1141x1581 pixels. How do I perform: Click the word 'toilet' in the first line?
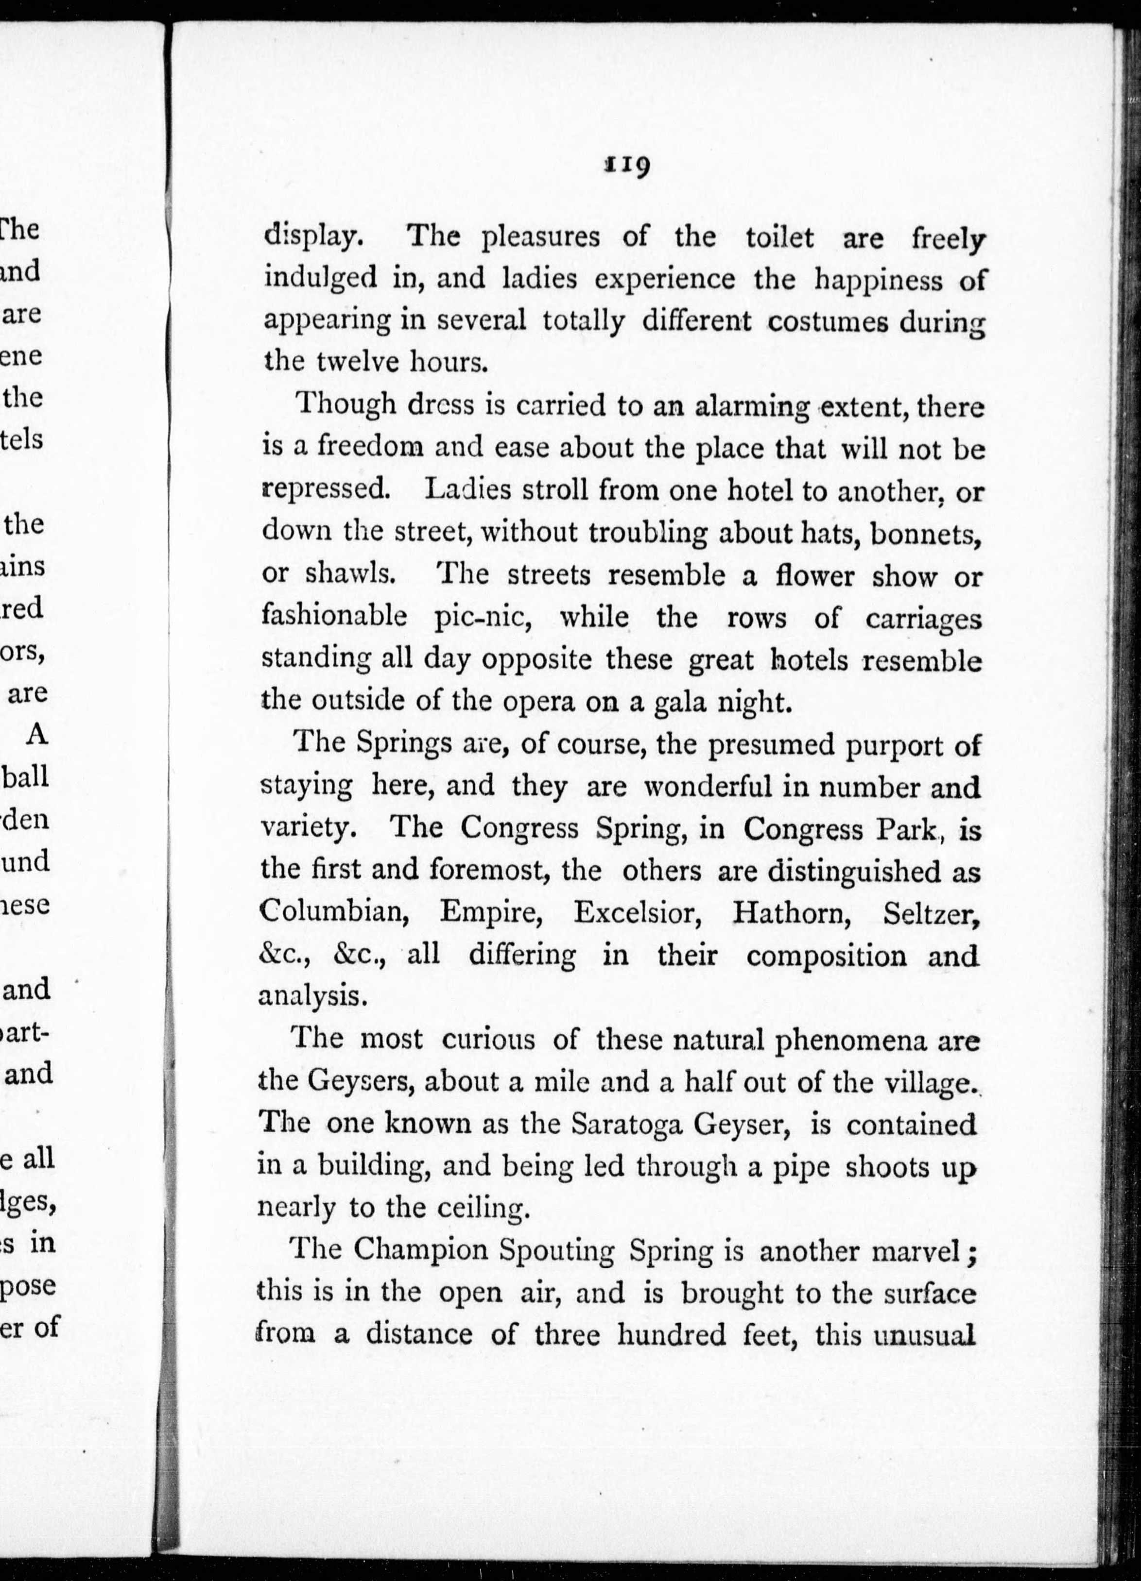click(779, 238)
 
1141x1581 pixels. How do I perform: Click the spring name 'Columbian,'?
click(333, 912)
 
